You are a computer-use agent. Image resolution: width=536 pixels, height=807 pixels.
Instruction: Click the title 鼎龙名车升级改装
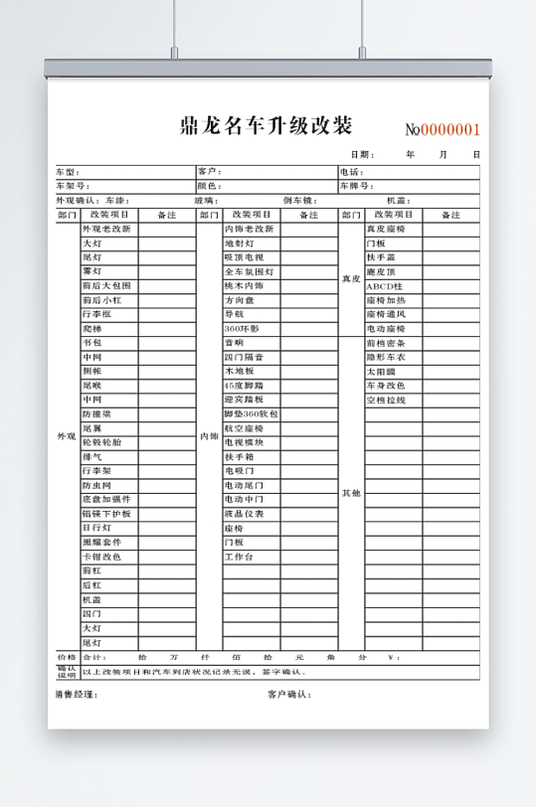(266, 126)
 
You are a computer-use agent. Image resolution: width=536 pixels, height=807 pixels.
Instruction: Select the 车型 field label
(66, 172)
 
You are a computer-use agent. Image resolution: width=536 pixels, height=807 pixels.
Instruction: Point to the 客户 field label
(208, 172)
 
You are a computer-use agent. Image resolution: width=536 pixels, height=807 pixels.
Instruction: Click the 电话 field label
(350, 172)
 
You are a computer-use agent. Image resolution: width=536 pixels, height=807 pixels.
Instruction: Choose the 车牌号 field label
(356, 186)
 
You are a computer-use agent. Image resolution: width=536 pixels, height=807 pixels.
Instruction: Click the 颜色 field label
(208, 186)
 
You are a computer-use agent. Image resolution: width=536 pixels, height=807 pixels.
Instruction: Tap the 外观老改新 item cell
(106, 229)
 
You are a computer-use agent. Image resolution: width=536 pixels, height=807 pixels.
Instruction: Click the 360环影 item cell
(242, 328)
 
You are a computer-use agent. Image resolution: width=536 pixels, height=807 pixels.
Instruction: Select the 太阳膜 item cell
(381, 372)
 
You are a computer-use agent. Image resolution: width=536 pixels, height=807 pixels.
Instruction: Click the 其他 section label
(350, 493)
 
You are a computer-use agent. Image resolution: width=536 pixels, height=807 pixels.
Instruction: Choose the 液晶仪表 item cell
(244, 514)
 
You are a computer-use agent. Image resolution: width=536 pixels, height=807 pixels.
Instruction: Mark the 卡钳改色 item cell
(101, 557)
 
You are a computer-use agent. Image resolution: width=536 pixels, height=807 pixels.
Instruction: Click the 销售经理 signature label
(77, 694)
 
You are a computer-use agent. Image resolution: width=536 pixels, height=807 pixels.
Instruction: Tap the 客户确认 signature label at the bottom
(289, 694)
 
